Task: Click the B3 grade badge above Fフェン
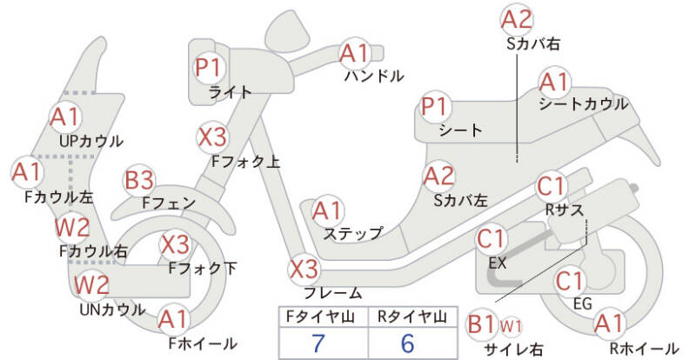(139, 181)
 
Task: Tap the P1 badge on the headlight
(209, 68)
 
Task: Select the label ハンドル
(374, 76)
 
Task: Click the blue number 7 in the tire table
(318, 343)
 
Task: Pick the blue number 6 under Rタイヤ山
(407, 343)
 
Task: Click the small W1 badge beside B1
(511, 326)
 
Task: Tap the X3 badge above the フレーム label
(304, 270)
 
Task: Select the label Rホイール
(644, 348)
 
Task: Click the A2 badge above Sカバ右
(517, 20)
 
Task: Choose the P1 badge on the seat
(436, 107)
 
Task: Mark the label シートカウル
(584, 104)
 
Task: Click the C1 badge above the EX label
(492, 239)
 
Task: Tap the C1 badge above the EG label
(570, 281)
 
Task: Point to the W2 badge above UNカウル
(92, 284)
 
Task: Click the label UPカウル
(91, 141)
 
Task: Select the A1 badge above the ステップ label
(327, 210)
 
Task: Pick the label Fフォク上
(245, 162)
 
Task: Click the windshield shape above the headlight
(288, 30)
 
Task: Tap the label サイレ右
(513, 349)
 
